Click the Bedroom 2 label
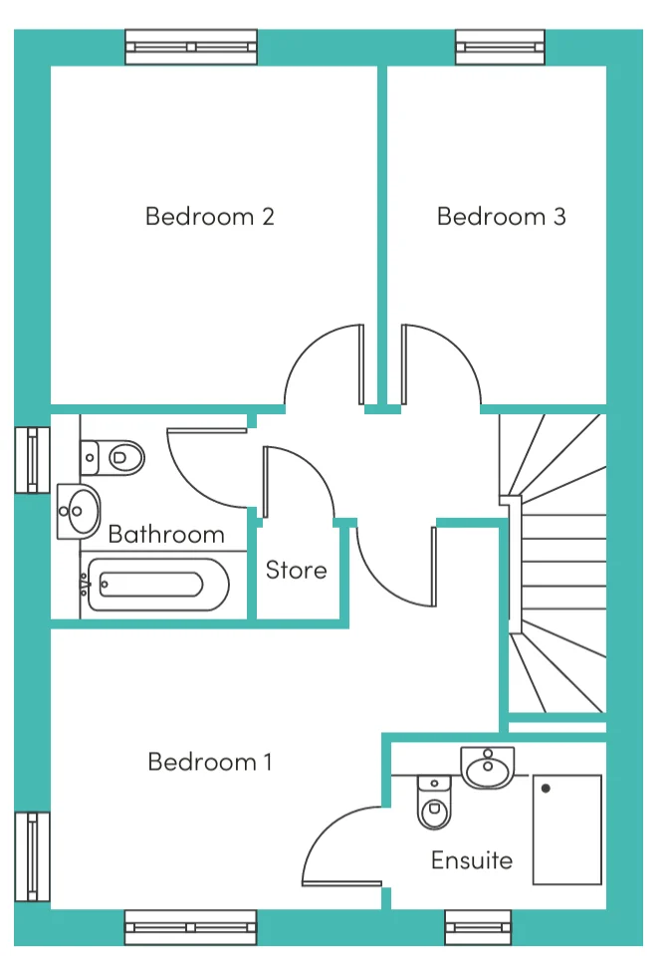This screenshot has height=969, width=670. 210,217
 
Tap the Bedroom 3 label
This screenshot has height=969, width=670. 502,217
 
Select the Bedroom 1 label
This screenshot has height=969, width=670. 210,762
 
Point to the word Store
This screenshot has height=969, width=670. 297,570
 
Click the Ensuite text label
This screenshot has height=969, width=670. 472,860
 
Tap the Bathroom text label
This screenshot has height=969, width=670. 166,535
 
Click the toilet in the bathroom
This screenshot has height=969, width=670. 112,458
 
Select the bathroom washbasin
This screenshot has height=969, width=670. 79,512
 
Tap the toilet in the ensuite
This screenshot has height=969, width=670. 435,802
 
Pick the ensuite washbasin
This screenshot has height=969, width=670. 487,768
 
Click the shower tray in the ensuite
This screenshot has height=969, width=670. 566,830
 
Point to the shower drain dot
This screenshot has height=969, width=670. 546,789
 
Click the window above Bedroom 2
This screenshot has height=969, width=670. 191,47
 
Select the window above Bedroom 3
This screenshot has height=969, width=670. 500,47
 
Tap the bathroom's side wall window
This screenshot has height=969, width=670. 32,460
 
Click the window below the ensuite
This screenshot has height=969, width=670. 478,927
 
